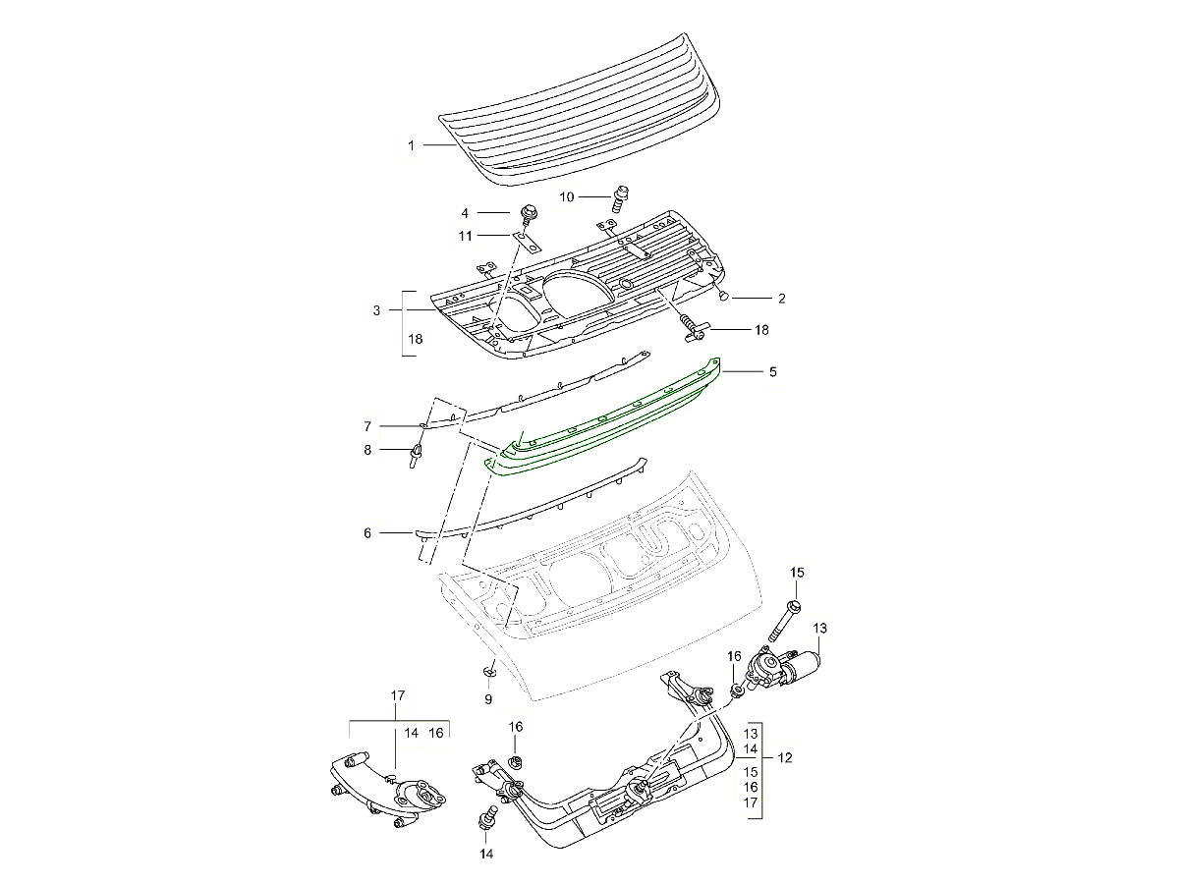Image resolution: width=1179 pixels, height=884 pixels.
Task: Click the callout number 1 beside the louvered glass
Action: click(412, 145)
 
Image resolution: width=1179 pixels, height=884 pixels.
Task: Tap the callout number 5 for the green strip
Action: click(772, 372)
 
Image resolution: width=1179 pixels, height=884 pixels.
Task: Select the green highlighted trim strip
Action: click(609, 418)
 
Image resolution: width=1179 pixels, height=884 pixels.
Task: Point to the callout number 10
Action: click(567, 197)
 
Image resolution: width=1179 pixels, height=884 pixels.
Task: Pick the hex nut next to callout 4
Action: click(526, 212)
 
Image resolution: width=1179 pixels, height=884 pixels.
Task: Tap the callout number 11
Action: click(466, 236)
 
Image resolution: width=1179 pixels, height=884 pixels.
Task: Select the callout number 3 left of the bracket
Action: click(376, 311)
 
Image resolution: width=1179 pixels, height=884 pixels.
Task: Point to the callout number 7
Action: click(367, 426)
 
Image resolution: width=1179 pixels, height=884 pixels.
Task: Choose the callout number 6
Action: click(367, 533)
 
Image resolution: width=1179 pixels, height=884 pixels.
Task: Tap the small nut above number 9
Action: click(488, 671)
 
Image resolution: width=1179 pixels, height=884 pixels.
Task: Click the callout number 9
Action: click(487, 699)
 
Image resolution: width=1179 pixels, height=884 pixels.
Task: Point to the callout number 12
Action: click(785, 758)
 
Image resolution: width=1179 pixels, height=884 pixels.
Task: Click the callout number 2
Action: click(782, 297)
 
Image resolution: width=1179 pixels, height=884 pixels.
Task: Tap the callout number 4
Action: click(466, 212)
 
